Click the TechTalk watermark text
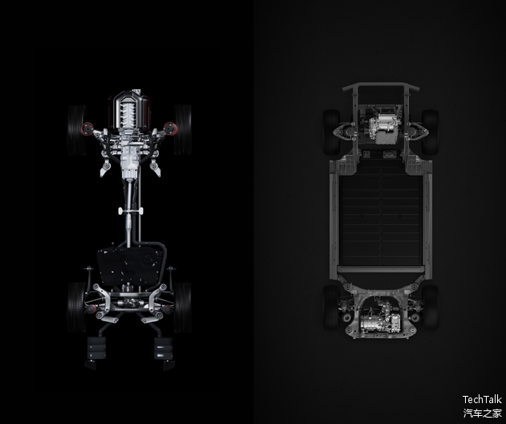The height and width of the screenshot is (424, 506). pyautogui.click(x=482, y=399)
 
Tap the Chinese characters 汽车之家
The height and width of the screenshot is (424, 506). pyautogui.click(x=483, y=413)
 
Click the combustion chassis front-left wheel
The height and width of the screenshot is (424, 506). pyautogui.click(x=77, y=130)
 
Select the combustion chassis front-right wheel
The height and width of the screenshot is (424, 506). pyautogui.click(x=183, y=129)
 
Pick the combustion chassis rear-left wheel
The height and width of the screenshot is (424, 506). pyautogui.click(x=76, y=308)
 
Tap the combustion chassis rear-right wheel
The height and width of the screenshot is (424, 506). pyautogui.click(x=183, y=308)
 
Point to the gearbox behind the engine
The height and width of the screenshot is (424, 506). pyautogui.click(x=129, y=161)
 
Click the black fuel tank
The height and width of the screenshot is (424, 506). pyautogui.click(x=130, y=266)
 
